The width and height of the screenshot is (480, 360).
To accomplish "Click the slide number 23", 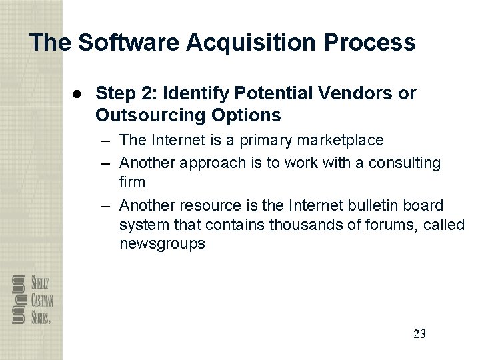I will pyautogui.click(x=419, y=333).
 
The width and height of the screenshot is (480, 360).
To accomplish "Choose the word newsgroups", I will pyautogui.click(x=162, y=245).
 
